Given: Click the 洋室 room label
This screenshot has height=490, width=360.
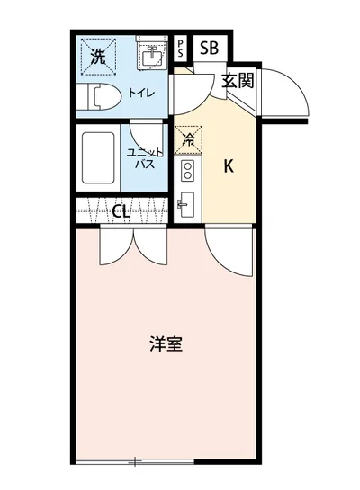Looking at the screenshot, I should pos(166,343).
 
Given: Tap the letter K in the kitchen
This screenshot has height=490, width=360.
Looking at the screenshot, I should pos(229,165).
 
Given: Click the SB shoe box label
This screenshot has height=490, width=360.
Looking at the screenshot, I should pos(208,48).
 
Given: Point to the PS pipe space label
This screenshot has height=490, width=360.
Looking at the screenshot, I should pos(181,48).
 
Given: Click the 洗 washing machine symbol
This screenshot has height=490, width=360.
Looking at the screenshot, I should pos(96,56).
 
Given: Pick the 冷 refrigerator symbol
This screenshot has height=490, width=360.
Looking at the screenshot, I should pos(188,139).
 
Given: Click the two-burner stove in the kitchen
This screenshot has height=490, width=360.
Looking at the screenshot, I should pos(188,170).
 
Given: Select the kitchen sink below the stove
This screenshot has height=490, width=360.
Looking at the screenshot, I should pos(188,204).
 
